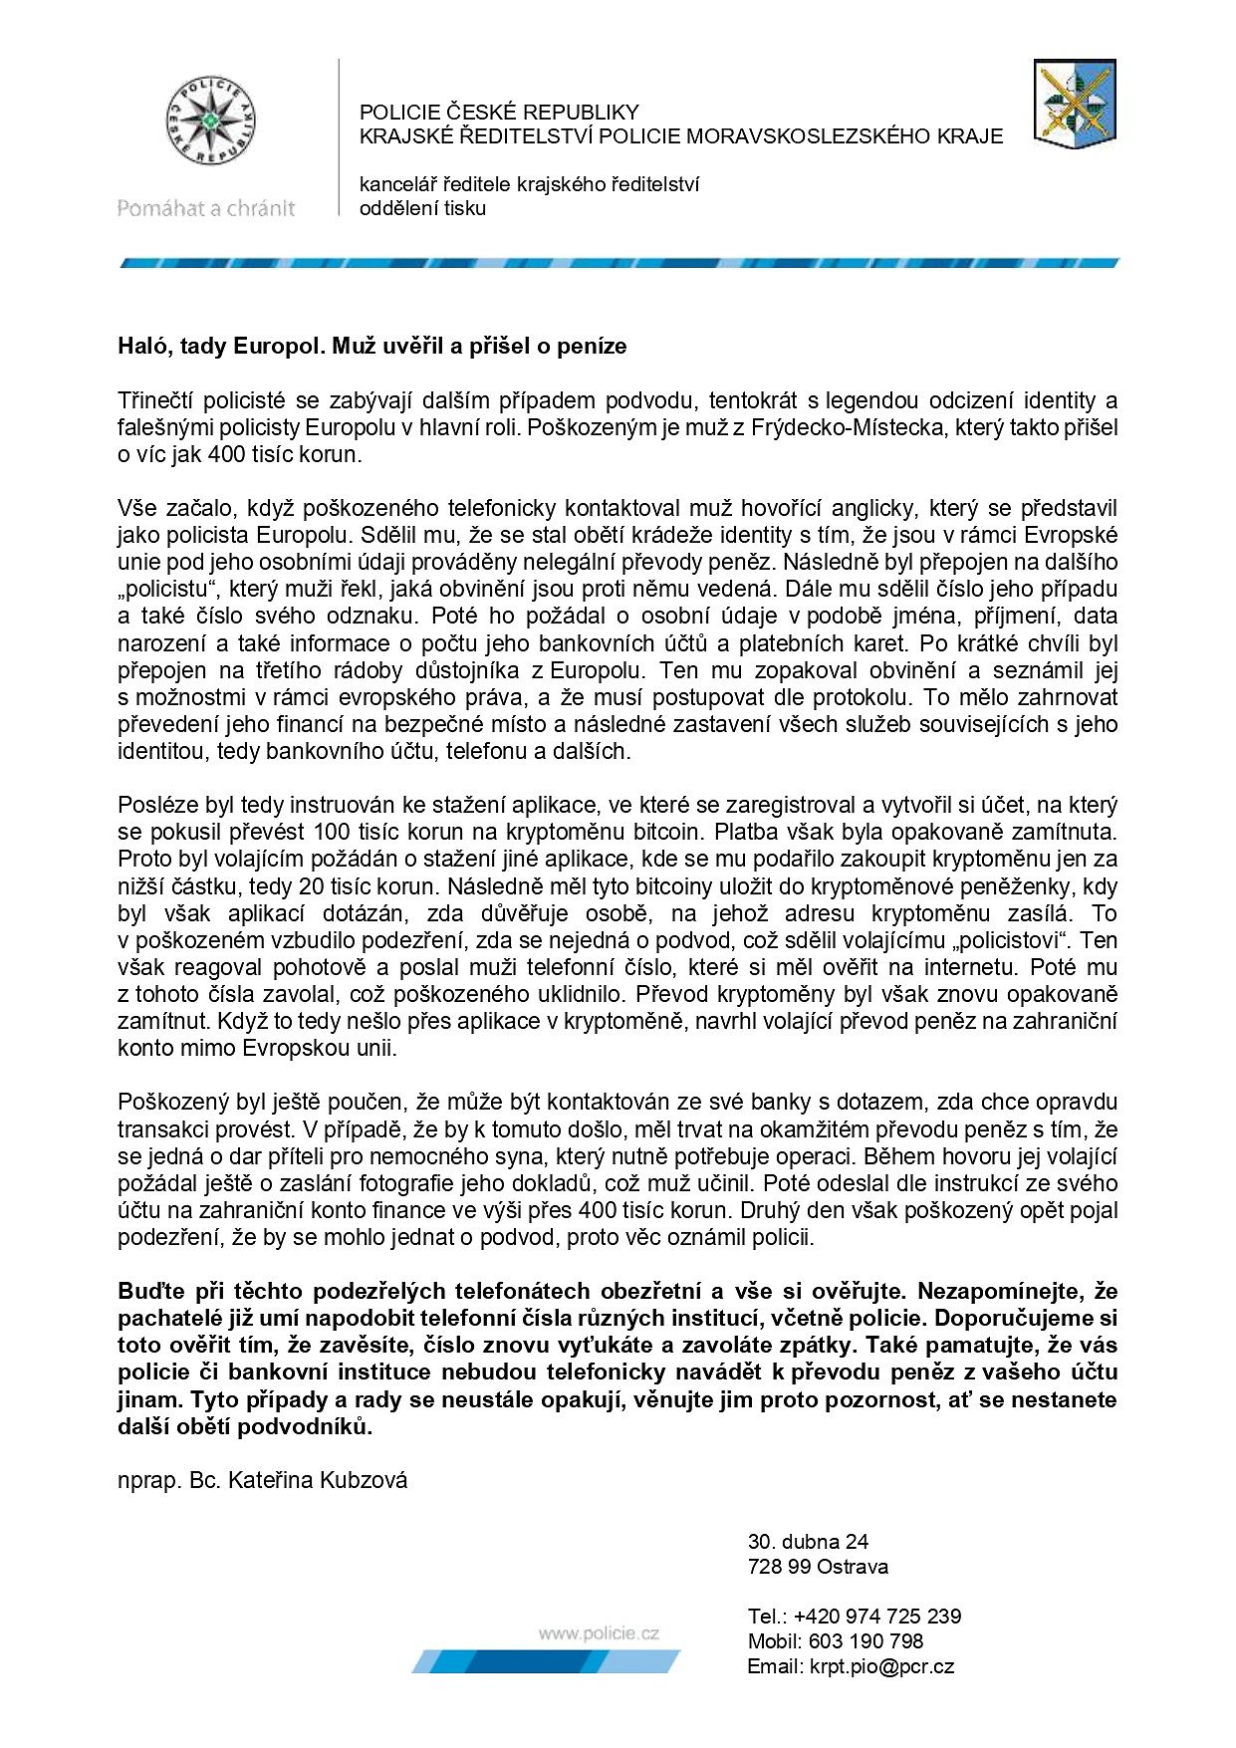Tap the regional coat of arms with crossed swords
[x=1074, y=104]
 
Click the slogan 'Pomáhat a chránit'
[x=206, y=208]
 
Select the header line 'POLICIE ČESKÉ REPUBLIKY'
[x=499, y=112]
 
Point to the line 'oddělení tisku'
[x=422, y=208]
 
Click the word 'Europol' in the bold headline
[x=278, y=347]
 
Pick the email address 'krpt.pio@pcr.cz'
[x=881, y=1666]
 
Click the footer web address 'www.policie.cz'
[x=599, y=1632]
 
